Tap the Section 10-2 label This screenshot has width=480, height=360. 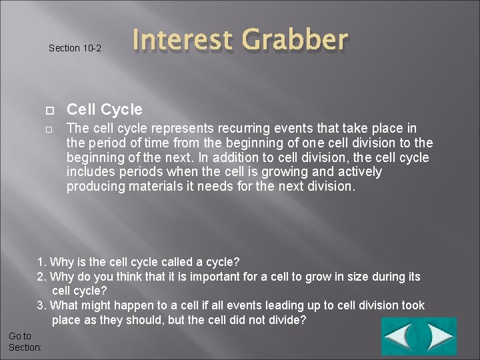click(x=75, y=48)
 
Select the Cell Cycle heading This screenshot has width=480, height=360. click(x=105, y=109)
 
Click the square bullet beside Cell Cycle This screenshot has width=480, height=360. click(x=49, y=110)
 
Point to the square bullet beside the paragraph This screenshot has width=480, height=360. click(x=49, y=129)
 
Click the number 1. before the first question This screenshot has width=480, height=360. click(x=41, y=261)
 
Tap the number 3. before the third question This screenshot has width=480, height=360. click(x=41, y=306)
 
